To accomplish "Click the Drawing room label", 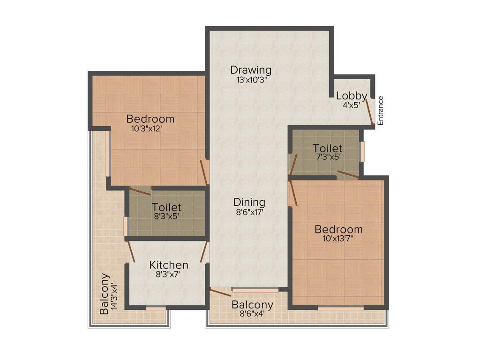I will tap(251, 70).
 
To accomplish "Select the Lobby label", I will tap(352, 96).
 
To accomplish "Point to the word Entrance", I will tap(381, 110).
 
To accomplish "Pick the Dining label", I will tap(249, 202).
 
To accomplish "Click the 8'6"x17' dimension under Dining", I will tap(249, 212).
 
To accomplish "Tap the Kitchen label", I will tap(169, 265).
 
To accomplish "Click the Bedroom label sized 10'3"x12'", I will tap(150, 119).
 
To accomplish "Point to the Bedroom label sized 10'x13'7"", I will tap(338, 230).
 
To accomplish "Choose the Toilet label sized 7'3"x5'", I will tap(328, 149).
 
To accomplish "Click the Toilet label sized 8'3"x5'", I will tap(166, 207).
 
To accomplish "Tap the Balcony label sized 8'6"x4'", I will tap(253, 305).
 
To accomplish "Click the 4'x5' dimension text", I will tap(351, 105).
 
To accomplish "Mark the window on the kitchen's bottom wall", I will tap(156, 308).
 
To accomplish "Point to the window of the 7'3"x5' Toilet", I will tap(362, 151).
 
